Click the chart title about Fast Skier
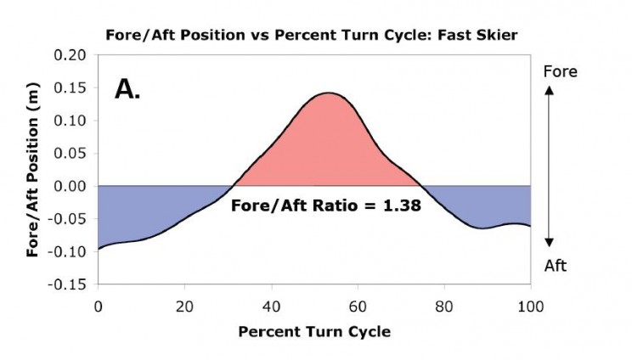(x=311, y=35)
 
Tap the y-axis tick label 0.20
(x=71, y=55)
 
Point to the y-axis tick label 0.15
(x=71, y=87)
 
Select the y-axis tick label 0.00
(x=71, y=186)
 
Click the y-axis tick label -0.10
(x=67, y=251)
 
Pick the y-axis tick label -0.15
(x=67, y=284)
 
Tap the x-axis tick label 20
(x=184, y=307)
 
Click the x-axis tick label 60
(x=358, y=307)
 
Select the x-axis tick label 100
(x=530, y=307)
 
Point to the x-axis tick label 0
(x=99, y=307)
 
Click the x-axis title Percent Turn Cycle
(x=314, y=332)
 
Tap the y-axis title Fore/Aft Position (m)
(x=32, y=170)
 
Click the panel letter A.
(x=127, y=89)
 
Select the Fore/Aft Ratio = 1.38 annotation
(x=326, y=205)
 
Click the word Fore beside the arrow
(x=561, y=71)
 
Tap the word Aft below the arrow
(x=556, y=266)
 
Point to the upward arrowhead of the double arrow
(x=549, y=91)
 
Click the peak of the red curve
(x=329, y=93)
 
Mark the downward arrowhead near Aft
(x=549, y=242)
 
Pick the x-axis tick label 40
(x=271, y=307)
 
